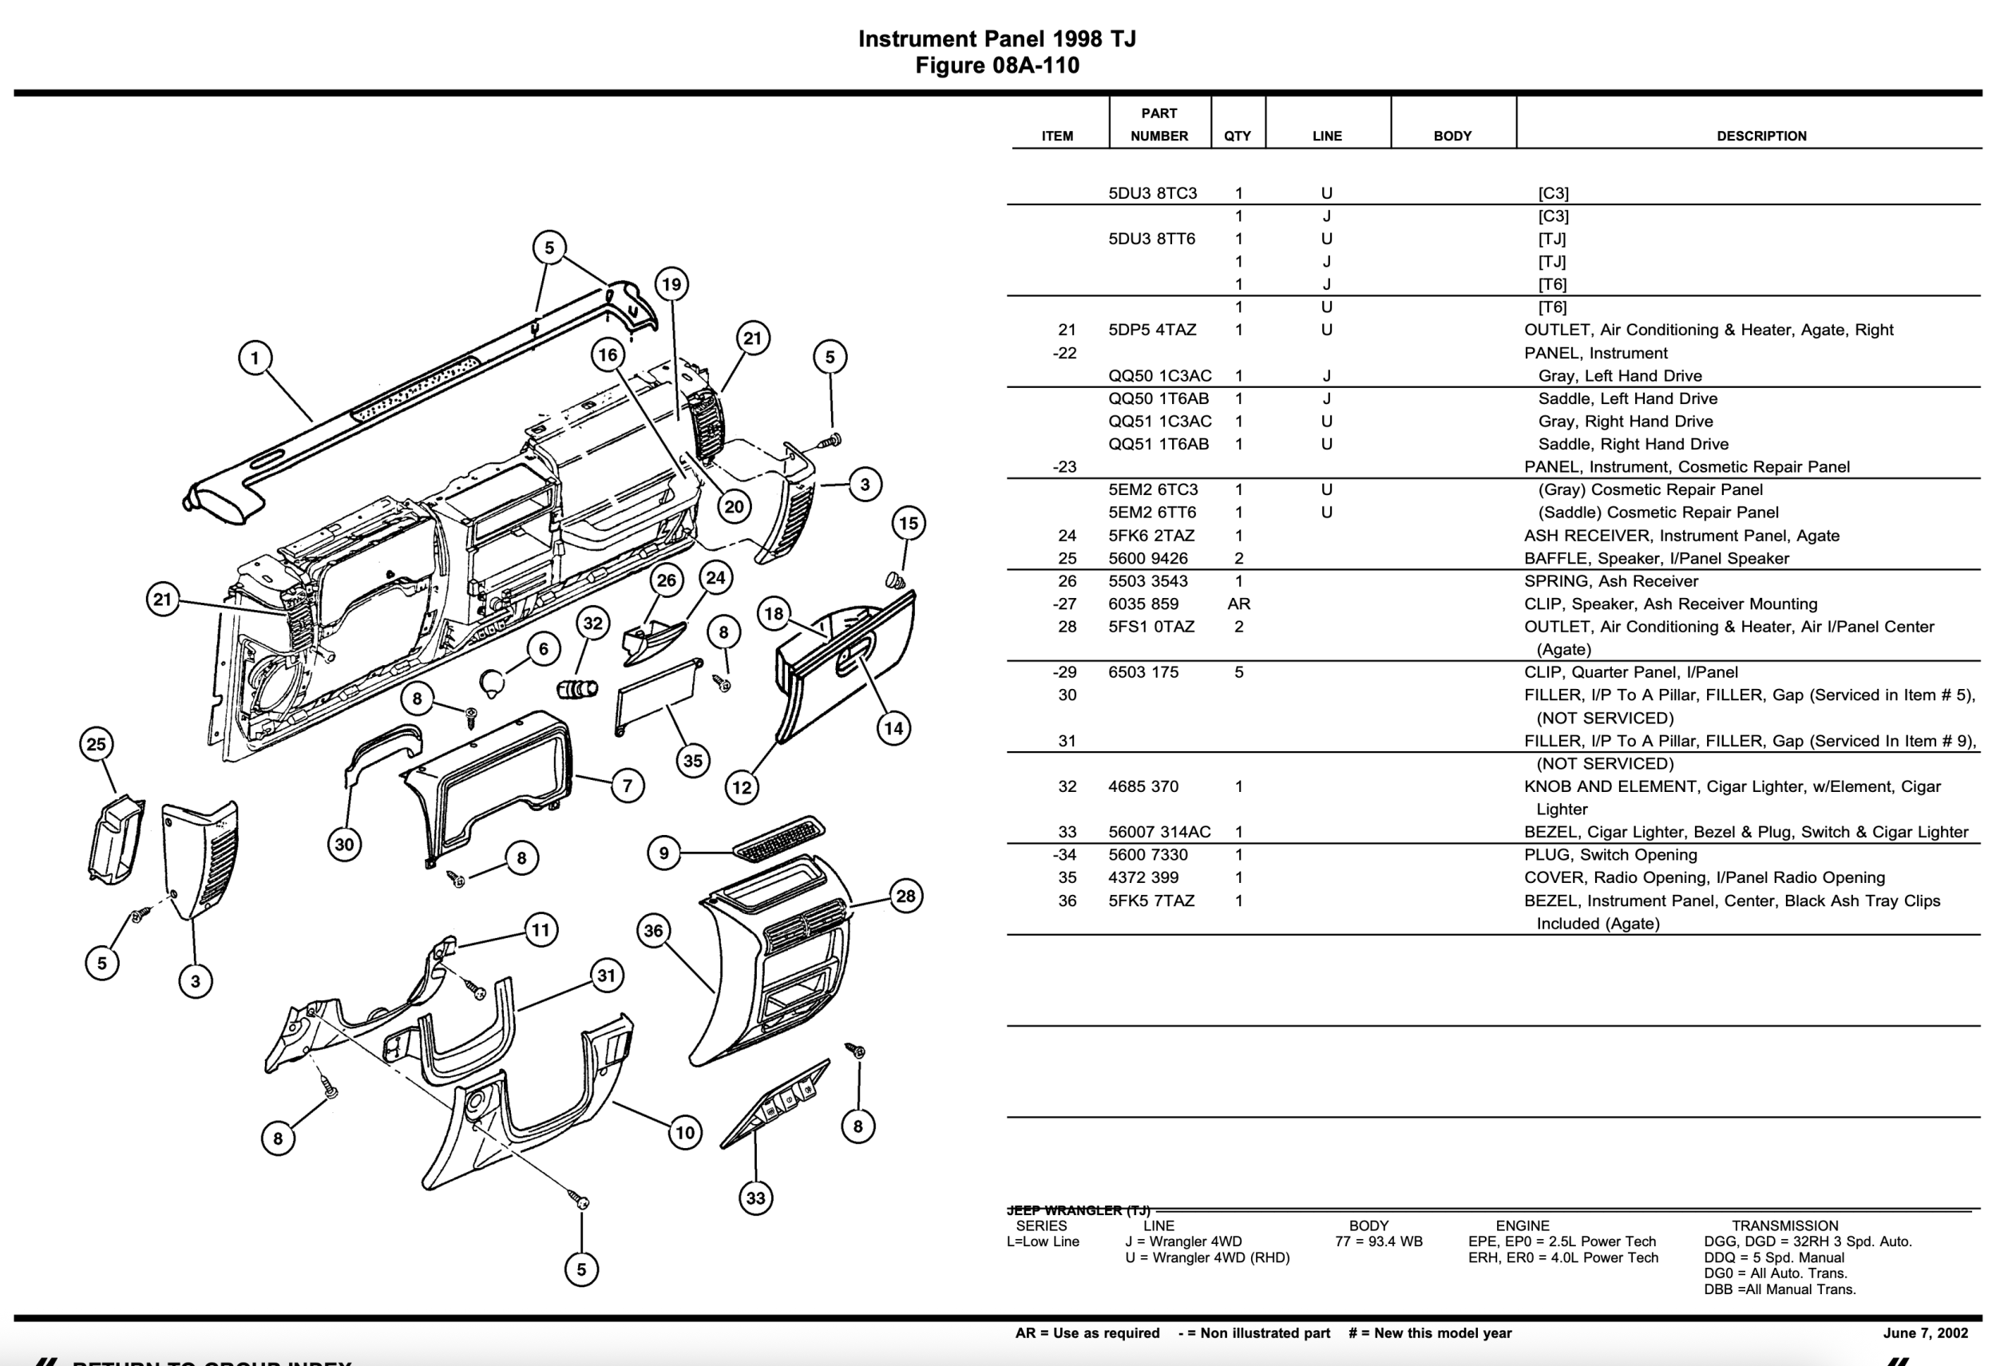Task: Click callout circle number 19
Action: [671, 284]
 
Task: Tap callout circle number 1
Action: [254, 358]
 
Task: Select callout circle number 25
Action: [96, 744]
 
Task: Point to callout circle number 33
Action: [755, 1198]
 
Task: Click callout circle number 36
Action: [654, 931]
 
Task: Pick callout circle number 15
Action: [909, 523]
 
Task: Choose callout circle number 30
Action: [344, 844]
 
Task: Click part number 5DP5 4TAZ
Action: [1152, 330]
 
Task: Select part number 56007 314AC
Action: [1158, 832]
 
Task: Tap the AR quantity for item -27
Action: [1238, 604]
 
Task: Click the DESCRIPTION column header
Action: [1760, 136]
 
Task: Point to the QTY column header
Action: [1237, 136]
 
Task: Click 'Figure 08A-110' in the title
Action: [996, 65]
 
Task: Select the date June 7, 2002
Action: [1925, 1333]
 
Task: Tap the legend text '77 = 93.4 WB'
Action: [1379, 1241]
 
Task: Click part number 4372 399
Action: [1143, 877]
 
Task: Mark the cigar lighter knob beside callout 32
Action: [577, 688]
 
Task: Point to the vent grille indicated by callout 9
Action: [778, 838]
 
